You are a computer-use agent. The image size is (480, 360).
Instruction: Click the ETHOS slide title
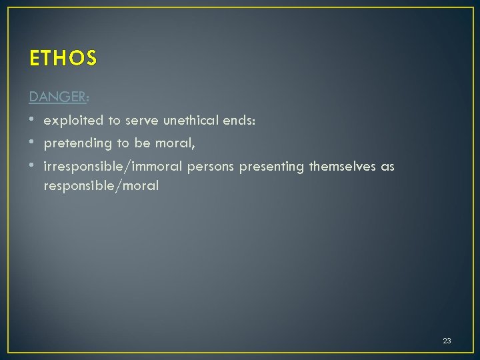(x=63, y=59)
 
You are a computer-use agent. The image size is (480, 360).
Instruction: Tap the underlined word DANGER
(x=57, y=97)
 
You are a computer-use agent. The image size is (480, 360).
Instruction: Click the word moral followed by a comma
(x=175, y=143)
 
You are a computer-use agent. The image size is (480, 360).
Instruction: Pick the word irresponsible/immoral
(x=113, y=166)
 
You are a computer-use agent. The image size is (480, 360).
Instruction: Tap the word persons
(x=211, y=166)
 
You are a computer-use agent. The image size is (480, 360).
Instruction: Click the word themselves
(x=343, y=166)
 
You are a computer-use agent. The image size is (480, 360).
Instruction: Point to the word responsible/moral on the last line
(x=101, y=185)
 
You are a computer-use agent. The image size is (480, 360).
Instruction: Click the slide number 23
(x=447, y=341)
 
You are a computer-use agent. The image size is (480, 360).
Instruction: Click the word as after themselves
(x=388, y=166)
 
